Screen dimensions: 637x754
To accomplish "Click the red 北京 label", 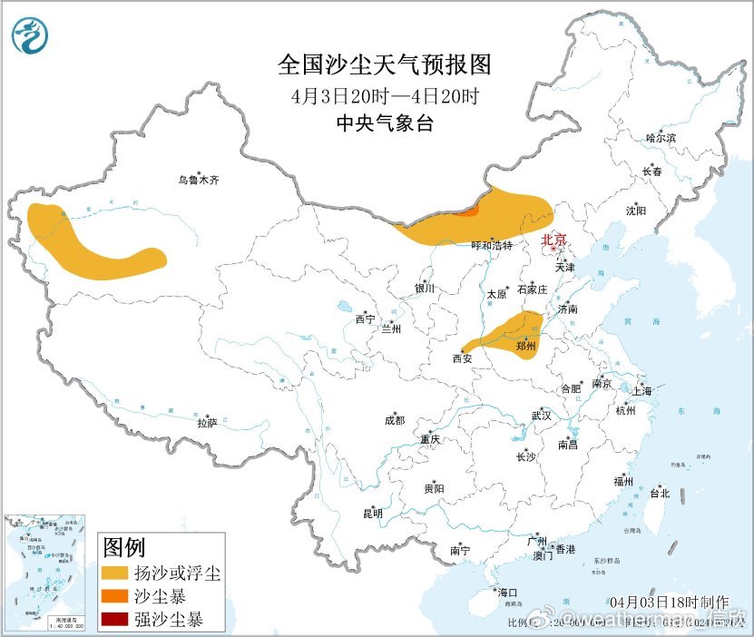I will [x=553, y=240].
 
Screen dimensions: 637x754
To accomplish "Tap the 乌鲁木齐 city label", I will [x=198, y=181].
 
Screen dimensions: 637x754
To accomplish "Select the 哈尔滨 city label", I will [x=661, y=138].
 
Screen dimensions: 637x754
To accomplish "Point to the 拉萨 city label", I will [x=207, y=422].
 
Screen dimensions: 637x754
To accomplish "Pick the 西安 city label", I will [x=462, y=358].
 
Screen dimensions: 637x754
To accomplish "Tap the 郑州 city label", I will [x=525, y=346].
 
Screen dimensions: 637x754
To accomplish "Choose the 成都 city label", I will [x=395, y=420].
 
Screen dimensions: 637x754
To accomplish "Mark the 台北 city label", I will [x=659, y=494].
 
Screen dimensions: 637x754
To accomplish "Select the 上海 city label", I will [x=642, y=391].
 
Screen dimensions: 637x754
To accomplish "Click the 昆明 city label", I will [x=373, y=514].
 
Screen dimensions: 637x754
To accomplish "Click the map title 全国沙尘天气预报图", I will [x=384, y=64].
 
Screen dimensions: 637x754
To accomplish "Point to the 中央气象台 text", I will [x=384, y=123].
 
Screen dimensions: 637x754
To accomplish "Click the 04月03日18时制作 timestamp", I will [x=670, y=602].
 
